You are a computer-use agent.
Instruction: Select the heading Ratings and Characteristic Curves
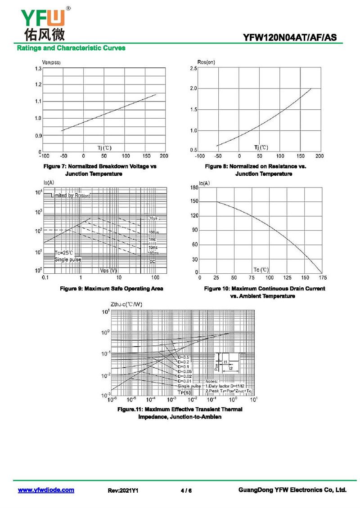tap(71, 48)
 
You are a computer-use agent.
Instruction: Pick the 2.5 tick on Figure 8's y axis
tap(193, 68)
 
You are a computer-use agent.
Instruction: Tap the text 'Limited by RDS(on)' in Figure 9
tap(70, 196)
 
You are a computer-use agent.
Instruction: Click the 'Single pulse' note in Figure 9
tap(67, 260)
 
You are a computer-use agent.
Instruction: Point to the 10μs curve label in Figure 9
tap(153, 218)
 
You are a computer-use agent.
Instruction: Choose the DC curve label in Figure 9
tap(153, 261)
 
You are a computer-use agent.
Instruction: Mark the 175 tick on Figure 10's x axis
tap(322, 278)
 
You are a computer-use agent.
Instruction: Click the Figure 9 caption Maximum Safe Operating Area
tap(112, 289)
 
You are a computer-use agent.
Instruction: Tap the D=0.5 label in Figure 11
tap(184, 357)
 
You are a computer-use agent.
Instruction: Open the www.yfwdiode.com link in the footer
tap(46, 490)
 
